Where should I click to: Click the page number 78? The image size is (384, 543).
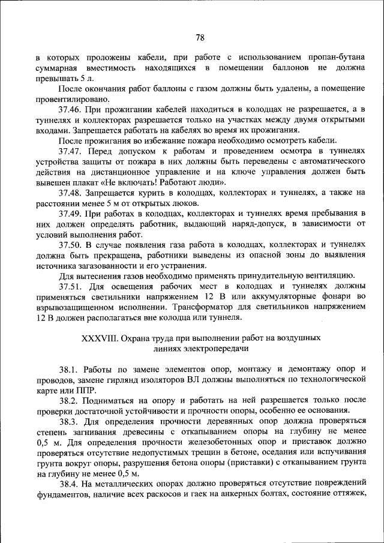pyautogui.click(x=200, y=37)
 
